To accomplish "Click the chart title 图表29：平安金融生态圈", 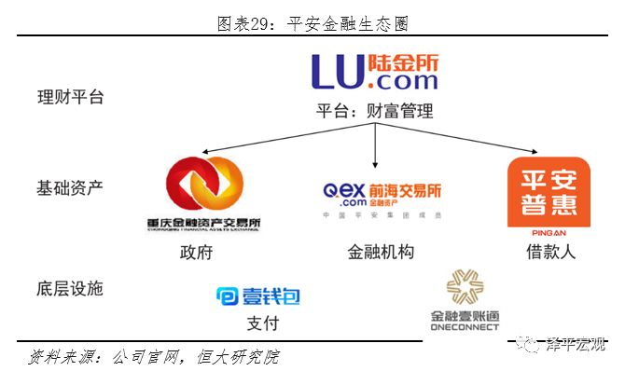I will pos(312,22).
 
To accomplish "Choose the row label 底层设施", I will pos(70,288).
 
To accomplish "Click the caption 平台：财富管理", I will pos(374,112).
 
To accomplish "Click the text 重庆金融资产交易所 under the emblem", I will pos(203,225).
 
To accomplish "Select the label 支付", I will pos(262,323).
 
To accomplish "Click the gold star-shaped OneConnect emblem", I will pos(465,288).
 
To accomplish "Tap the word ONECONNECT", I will pos(465,326).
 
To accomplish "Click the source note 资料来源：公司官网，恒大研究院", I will pos(154,356).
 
